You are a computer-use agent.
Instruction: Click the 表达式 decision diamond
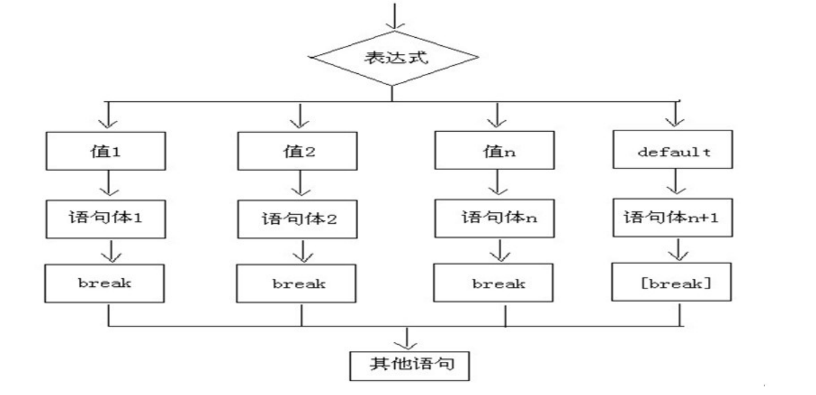(393, 58)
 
